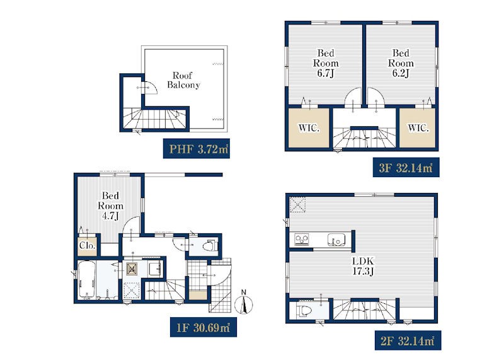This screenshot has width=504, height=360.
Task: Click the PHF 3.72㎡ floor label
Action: [x=197, y=149]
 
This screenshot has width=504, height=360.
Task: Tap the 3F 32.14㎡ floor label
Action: [x=406, y=168]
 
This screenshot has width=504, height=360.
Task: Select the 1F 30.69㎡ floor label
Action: [x=203, y=327]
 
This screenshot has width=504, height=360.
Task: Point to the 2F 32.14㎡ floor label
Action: [x=408, y=340]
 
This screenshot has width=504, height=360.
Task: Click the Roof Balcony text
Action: [x=183, y=80]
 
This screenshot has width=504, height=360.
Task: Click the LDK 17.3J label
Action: [x=363, y=265]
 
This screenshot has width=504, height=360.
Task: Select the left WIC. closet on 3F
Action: [x=309, y=128]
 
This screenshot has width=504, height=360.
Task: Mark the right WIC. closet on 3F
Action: [x=418, y=128]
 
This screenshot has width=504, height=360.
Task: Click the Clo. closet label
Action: [x=87, y=246]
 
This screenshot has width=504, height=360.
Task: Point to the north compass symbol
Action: [x=244, y=303]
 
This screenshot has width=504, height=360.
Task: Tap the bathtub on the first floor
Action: [x=86, y=279]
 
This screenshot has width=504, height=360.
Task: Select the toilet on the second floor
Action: [x=304, y=311]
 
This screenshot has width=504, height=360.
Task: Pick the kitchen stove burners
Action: [x=302, y=240]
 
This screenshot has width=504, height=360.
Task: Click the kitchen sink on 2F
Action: [x=336, y=240]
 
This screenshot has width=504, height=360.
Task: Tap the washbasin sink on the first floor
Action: [x=155, y=268]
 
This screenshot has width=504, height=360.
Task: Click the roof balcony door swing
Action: [x=150, y=88]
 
